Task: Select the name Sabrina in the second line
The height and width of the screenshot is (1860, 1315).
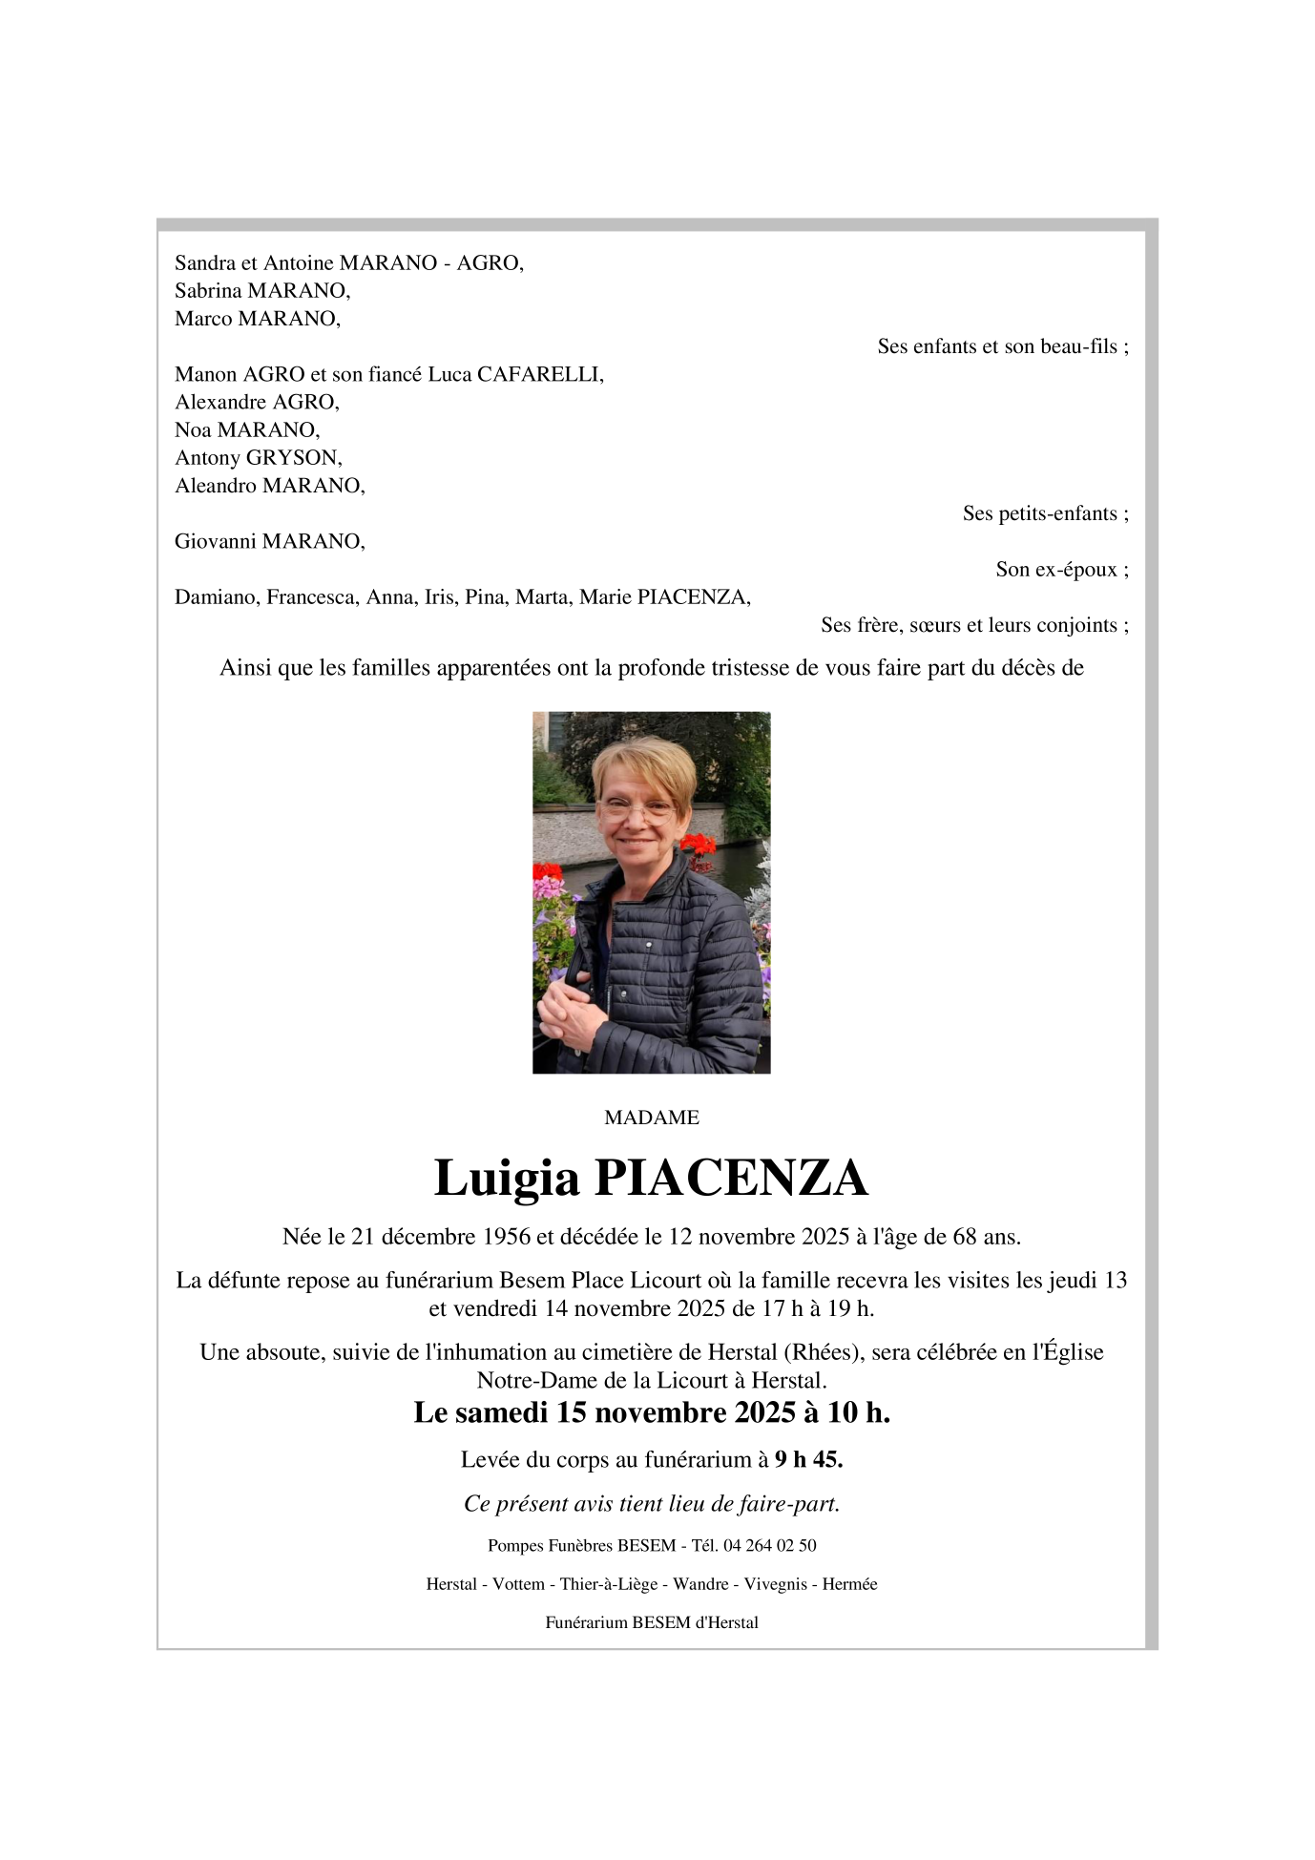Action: click(208, 290)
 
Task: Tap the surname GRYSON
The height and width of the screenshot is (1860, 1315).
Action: click(293, 458)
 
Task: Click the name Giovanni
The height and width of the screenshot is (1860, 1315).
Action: click(216, 542)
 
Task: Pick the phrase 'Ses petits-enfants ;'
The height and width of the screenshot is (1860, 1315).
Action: click(1045, 513)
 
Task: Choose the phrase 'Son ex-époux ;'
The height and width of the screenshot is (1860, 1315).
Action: click(1061, 570)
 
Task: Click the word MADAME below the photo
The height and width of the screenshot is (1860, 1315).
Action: click(652, 1118)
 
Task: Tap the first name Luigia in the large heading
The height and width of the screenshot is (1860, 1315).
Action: click(507, 1178)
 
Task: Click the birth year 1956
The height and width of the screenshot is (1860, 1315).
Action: click(506, 1237)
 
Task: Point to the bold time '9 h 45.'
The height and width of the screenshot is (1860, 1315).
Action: click(808, 1459)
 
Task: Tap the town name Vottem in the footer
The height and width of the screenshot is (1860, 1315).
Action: click(518, 1584)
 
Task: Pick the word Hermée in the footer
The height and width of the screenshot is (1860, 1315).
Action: click(849, 1584)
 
